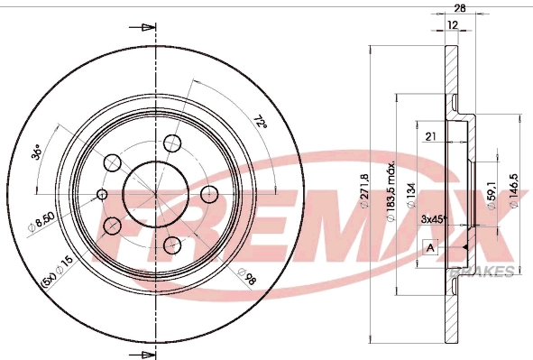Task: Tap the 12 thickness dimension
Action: tap(452, 25)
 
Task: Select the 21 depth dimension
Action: tap(431, 135)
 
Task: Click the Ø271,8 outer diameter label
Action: tap(364, 191)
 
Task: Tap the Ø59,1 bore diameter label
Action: tap(492, 193)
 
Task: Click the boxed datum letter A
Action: tap(430, 247)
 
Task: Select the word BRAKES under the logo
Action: tap(491, 271)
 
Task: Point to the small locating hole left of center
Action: tap(102, 193)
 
